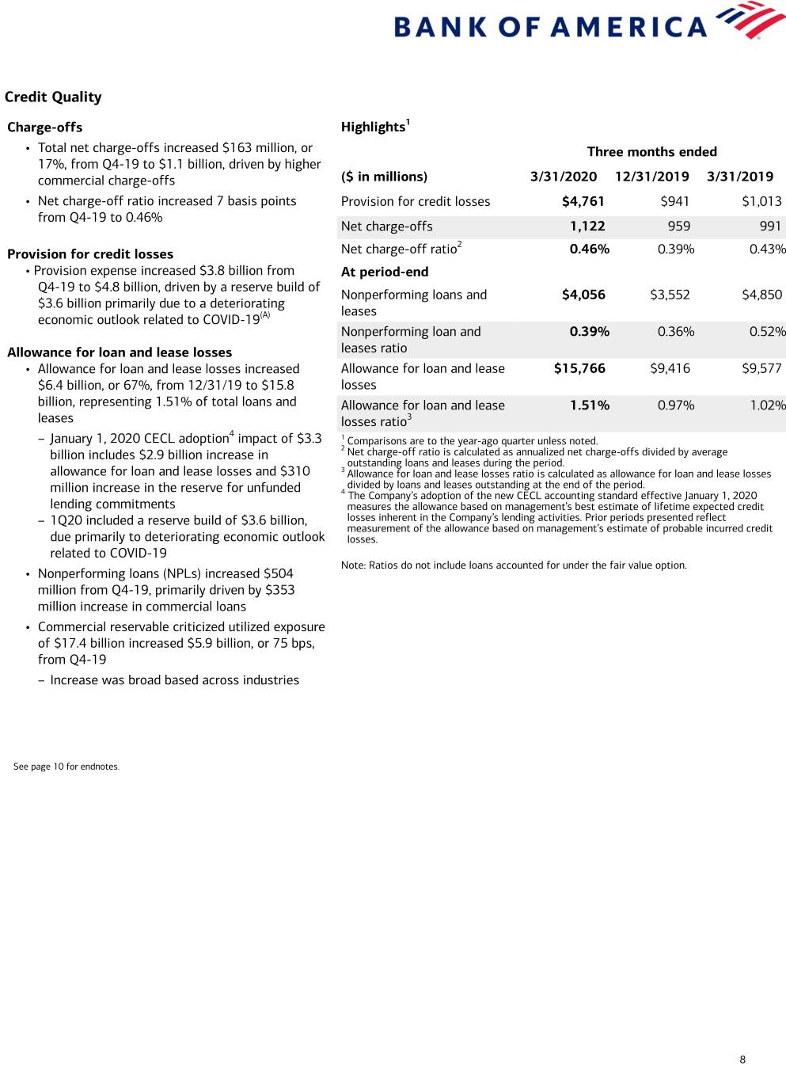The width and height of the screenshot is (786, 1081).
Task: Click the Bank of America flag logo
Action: pos(750,20)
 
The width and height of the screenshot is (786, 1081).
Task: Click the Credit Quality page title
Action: pos(53,97)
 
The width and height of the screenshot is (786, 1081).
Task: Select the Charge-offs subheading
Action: pos(45,128)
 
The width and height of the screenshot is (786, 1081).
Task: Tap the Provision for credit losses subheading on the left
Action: pos(90,254)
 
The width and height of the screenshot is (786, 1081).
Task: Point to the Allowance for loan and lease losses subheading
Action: pos(120,352)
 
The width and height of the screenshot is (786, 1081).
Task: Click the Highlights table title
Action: pos(374,127)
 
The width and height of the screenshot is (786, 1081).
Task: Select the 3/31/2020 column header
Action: pos(564,177)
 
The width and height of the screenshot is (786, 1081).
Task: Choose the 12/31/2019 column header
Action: pos(651,177)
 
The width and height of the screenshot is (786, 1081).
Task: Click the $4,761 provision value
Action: pos(583,201)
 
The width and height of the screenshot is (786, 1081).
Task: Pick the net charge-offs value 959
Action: pos(678,226)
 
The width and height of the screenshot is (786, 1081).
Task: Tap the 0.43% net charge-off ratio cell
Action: pos(767,249)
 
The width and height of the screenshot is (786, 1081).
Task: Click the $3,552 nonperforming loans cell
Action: pos(670,295)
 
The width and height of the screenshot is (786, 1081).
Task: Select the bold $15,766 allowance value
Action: pos(579,368)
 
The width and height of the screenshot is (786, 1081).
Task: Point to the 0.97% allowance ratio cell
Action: pos(675,405)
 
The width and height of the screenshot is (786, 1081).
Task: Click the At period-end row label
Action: pos(385,272)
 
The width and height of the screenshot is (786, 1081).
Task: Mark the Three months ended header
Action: pos(651,152)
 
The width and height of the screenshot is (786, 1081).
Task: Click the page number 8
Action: pos(742,1060)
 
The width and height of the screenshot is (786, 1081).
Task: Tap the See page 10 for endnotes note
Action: pos(66,767)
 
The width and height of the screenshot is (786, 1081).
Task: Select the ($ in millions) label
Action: pos(384,177)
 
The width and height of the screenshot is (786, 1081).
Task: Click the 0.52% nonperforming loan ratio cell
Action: pos(767,332)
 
